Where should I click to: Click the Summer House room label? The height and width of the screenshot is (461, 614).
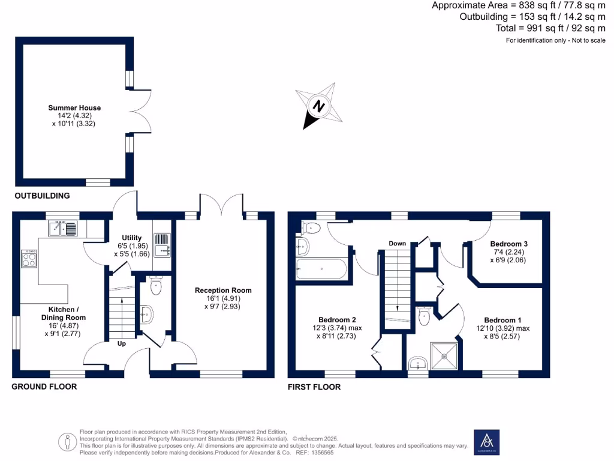click(74, 108)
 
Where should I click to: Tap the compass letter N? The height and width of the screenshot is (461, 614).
click(320, 107)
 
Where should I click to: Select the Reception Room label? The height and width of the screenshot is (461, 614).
click(223, 290)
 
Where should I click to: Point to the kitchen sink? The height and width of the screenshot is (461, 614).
click(63, 227)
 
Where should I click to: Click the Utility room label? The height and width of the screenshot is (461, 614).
click(131, 238)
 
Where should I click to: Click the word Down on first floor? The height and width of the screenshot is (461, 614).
click(397, 243)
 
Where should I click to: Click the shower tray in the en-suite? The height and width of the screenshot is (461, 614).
click(446, 356)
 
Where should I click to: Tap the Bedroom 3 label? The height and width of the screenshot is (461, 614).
click(508, 244)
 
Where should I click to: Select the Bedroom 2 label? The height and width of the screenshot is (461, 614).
click(338, 319)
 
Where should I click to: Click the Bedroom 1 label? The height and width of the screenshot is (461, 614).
click(504, 320)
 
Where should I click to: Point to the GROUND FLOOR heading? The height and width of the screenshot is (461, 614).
click(44, 387)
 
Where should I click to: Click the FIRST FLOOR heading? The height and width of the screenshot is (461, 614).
click(314, 387)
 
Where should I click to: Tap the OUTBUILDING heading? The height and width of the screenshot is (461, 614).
click(42, 196)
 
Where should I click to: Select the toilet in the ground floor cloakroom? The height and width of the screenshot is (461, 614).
click(156, 286)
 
